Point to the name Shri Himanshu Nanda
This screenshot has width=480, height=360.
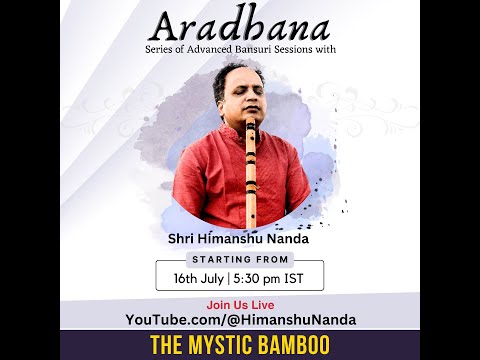(239, 240)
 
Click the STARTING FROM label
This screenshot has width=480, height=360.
(239, 259)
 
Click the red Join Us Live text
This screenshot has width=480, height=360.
(240, 304)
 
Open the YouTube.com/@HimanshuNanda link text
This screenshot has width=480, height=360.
(240, 319)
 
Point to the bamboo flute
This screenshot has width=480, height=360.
(250, 180)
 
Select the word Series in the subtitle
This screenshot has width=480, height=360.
(160, 62)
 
